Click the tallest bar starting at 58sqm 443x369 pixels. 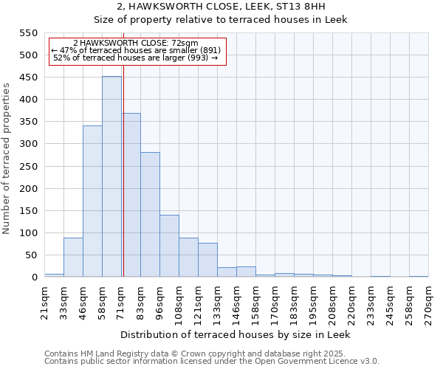[x=111, y=177]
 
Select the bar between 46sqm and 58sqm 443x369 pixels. [x=92, y=201]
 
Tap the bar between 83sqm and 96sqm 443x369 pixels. [x=150, y=215]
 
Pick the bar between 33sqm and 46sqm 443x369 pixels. [x=73, y=258]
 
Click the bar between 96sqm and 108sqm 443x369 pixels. [x=169, y=246]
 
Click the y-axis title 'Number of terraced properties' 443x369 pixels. [x=7, y=159]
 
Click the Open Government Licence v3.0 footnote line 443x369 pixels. [x=212, y=361]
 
